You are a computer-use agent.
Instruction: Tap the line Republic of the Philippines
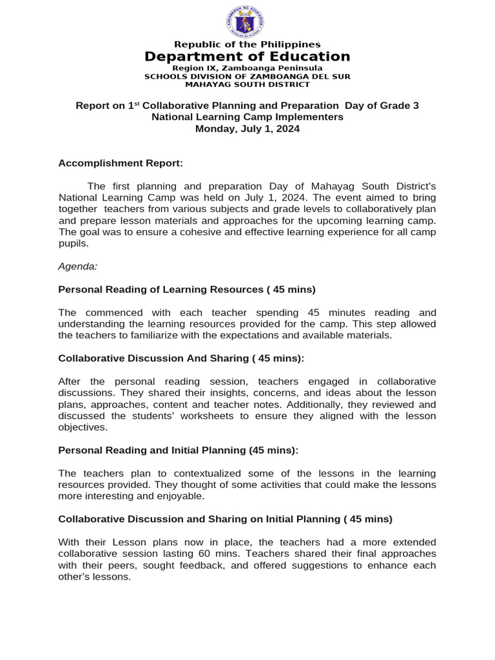(x=247, y=44)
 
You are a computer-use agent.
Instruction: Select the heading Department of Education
(x=247, y=57)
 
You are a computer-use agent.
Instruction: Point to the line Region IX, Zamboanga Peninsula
(x=247, y=68)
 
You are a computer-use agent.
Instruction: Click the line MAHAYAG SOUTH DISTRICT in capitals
(x=247, y=84)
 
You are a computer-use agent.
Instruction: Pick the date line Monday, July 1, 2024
(x=247, y=129)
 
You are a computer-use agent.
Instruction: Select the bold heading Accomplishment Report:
(x=121, y=164)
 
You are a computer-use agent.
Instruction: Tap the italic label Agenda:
(x=77, y=266)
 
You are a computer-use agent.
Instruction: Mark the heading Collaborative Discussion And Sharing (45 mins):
(x=181, y=358)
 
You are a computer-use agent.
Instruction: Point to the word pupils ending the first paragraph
(x=72, y=244)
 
